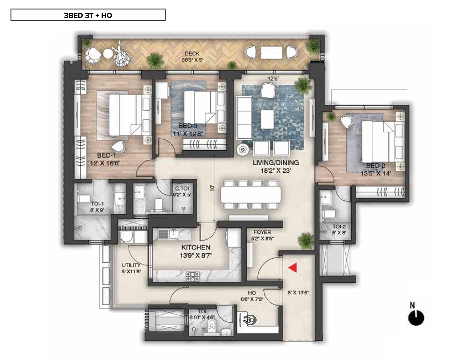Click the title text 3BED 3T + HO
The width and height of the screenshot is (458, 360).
(88, 15)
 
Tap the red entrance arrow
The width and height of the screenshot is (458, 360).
(293, 268)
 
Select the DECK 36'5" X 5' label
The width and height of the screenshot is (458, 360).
(192, 57)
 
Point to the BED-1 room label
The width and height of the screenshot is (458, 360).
(106, 155)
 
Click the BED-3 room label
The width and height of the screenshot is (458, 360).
(188, 126)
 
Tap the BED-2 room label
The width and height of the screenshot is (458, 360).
(376, 166)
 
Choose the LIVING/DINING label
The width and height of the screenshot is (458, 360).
(276, 163)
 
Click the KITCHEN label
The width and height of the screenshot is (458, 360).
(196, 247)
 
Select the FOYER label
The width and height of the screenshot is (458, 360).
(262, 232)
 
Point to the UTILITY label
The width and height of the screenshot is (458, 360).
(131, 265)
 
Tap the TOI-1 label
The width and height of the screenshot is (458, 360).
(97, 204)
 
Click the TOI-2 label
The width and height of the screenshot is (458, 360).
(339, 226)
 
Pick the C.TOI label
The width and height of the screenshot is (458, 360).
(182, 188)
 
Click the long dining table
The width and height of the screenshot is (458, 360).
(251, 194)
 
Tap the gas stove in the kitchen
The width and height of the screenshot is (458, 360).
(193, 276)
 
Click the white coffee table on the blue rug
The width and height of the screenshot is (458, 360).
(267, 119)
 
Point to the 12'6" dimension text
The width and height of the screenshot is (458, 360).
(273, 79)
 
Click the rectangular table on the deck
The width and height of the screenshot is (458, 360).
(272, 53)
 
